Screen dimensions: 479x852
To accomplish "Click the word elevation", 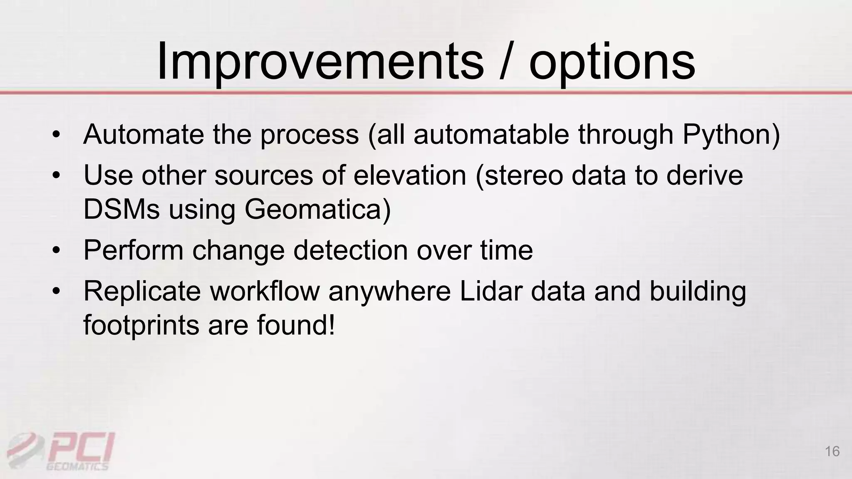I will tap(410, 175).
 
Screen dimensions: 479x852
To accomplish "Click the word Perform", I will tap(133, 251).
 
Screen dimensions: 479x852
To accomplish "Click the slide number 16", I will tap(832, 451).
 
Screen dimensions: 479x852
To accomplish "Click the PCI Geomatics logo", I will tap(62, 451).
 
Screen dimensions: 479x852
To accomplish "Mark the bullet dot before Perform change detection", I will tap(57, 251).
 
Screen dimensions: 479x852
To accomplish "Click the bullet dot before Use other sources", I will tap(57, 175).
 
